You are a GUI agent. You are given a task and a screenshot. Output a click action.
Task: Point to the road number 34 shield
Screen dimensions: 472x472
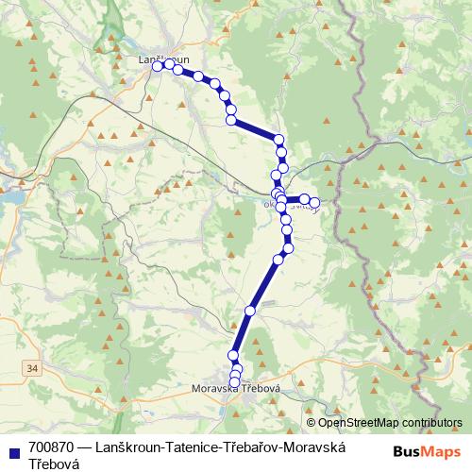pyautogui.click(x=33, y=367)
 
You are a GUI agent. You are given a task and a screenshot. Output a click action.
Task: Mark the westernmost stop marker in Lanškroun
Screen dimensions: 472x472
pyautogui.click(x=158, y=66)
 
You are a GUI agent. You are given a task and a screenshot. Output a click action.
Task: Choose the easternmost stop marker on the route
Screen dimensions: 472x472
pyautogui.click(x=315, y=203)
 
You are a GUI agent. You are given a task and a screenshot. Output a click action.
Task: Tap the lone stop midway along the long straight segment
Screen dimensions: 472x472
pyautogui.click(x=250, y=311)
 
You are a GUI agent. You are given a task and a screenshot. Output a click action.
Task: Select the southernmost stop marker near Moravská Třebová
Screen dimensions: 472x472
pyautogui.click(x=234, y=382)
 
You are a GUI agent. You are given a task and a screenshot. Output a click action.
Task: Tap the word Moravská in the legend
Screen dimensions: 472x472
pyautogui.click(x=317, y=447)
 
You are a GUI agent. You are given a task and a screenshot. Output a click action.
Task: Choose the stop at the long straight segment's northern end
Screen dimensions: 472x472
pyautogui.click(x=278, y=259)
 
